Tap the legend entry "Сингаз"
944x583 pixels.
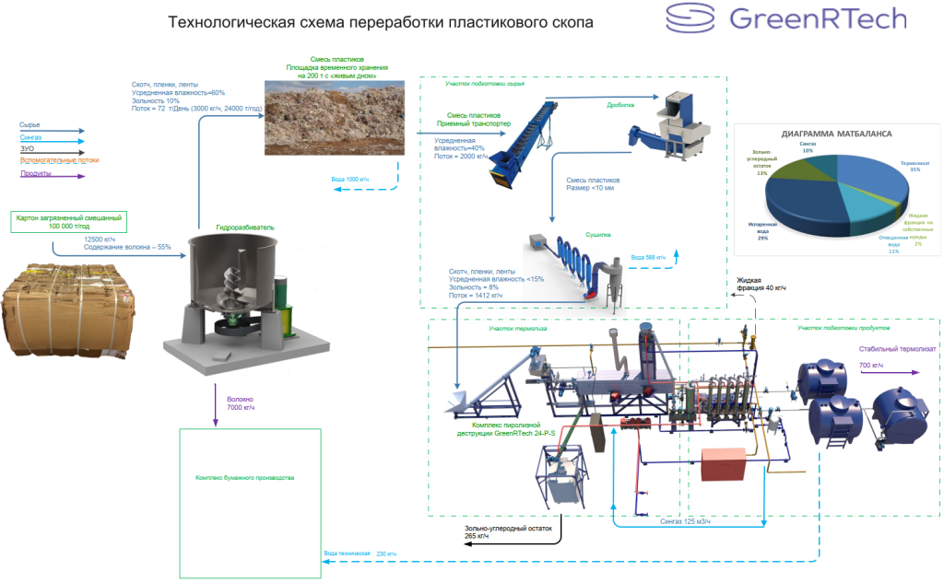(30, 137)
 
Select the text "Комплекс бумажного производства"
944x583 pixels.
(244, 478)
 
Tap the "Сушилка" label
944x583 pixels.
(598, 236)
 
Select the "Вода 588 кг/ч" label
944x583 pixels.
(647, 257)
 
